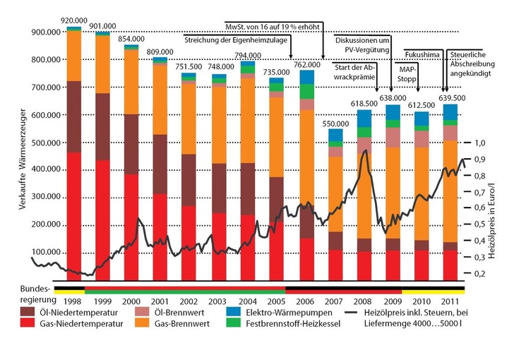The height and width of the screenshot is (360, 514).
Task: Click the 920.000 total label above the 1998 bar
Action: tap(74, 20)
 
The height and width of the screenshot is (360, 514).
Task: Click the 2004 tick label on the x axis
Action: tap(248, 280)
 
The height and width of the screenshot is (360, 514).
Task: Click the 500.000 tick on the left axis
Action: tap(46, 143)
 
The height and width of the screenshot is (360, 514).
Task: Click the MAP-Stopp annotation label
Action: tap(408, 76)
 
